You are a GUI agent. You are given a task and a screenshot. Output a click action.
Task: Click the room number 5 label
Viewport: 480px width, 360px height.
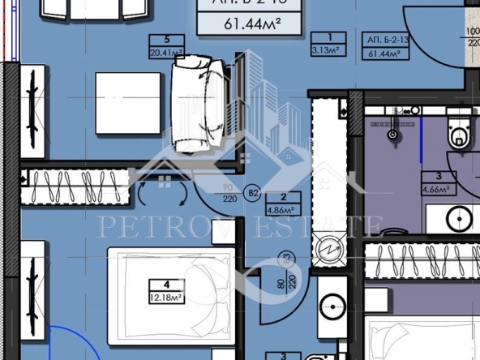pyautogui.click(x=166, y=38)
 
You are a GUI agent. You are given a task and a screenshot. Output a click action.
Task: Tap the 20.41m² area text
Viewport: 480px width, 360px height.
pyautogui.click(x=166, y=53)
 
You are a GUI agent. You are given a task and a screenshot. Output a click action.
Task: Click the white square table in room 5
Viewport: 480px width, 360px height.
pyautogui.click(x=128, y=103)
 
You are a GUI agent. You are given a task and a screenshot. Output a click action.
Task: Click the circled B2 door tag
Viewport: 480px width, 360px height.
pyautogui.click(x=252, y=193)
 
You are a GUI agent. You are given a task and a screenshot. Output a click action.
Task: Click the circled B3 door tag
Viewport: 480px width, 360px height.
pyautogui.click(x=285, y=260)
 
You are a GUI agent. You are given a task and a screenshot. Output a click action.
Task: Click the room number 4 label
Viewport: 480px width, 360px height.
pyautogui.click(x=167, y=285)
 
